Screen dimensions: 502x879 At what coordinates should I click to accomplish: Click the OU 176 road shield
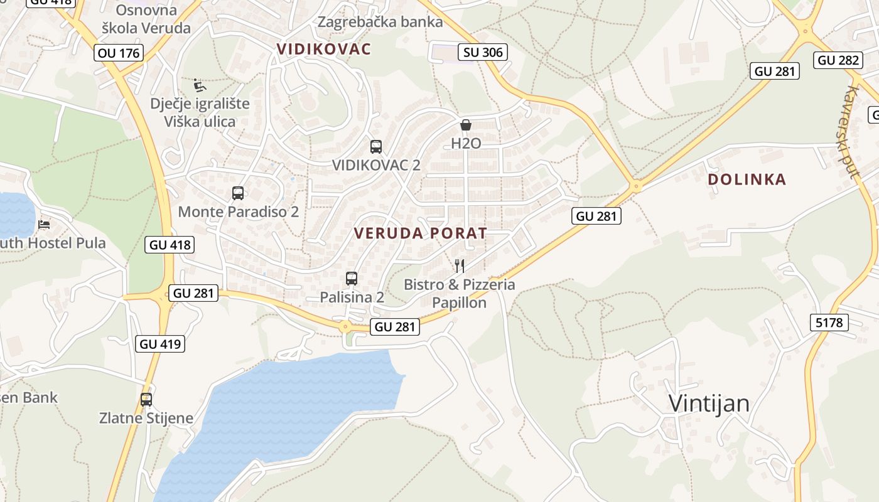119,53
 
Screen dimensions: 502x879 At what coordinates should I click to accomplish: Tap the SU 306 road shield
483,52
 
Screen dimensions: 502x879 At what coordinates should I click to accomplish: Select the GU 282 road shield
839,60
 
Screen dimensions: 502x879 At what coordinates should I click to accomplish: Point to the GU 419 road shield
160,343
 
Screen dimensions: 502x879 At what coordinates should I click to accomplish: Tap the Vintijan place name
709,403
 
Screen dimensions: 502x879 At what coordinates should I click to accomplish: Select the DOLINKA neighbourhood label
747,179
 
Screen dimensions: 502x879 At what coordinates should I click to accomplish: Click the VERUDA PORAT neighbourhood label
420,233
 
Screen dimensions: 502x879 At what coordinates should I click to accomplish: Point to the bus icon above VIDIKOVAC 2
376,147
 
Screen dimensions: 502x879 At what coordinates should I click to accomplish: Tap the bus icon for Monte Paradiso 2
238,193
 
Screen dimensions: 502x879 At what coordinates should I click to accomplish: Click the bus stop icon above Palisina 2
352,278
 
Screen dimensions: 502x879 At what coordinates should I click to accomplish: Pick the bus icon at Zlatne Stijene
146,399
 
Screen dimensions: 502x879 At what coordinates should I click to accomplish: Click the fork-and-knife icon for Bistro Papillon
460,266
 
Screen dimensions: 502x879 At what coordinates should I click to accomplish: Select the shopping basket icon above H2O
466,125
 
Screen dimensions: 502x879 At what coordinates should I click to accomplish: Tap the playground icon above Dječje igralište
200,85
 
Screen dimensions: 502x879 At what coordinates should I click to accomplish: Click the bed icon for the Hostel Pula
44,224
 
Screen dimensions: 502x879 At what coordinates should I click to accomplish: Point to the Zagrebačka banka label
380,22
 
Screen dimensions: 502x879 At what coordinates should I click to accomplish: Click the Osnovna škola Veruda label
146,19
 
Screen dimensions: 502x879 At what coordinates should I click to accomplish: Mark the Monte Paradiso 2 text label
238,211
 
